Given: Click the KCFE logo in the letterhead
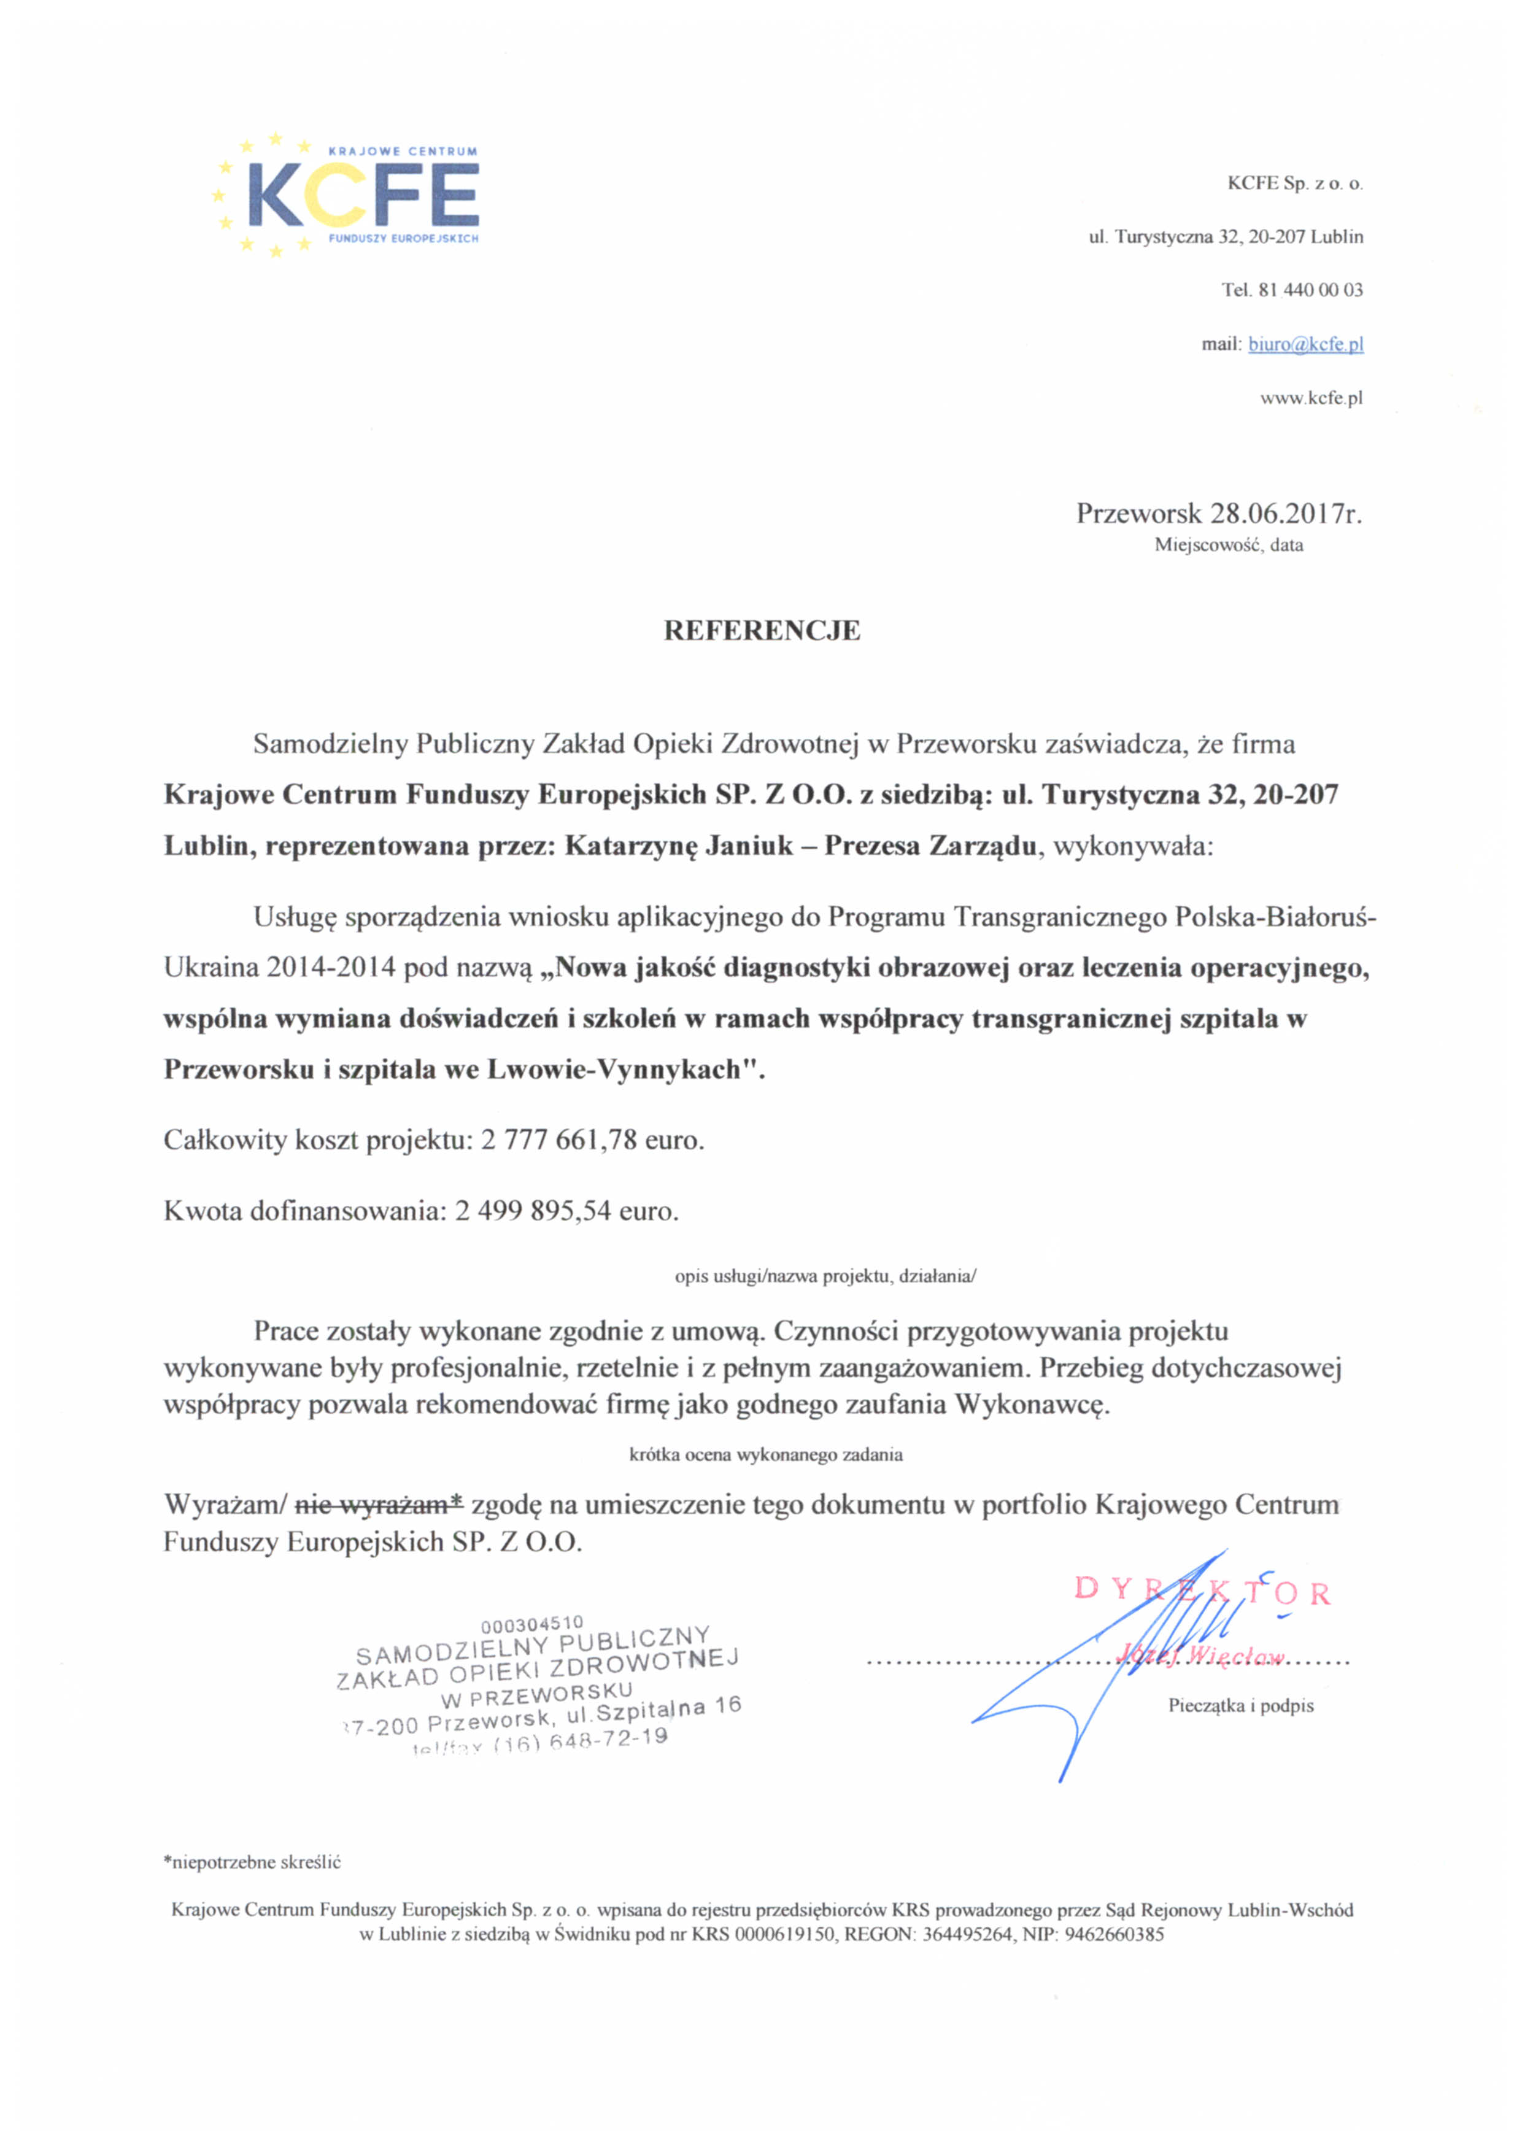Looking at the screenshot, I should click(349, 195).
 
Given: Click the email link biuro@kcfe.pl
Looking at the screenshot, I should click(1305, 344).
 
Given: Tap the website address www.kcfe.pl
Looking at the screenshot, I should click(1311, 398).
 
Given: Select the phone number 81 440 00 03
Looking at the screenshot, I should click(1311, 291).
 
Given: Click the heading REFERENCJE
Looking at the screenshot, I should click(761, 631).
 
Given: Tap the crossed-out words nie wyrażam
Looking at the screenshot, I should click(379, 1505).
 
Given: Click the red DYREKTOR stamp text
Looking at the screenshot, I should click(1202, 1591).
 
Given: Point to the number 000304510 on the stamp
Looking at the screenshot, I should click(531, 1624).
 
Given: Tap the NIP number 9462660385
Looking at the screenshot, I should click(1115, 1934).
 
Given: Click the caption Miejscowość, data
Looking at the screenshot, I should click(1227, 544).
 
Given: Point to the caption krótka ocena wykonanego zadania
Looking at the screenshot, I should click(766, 1455).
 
